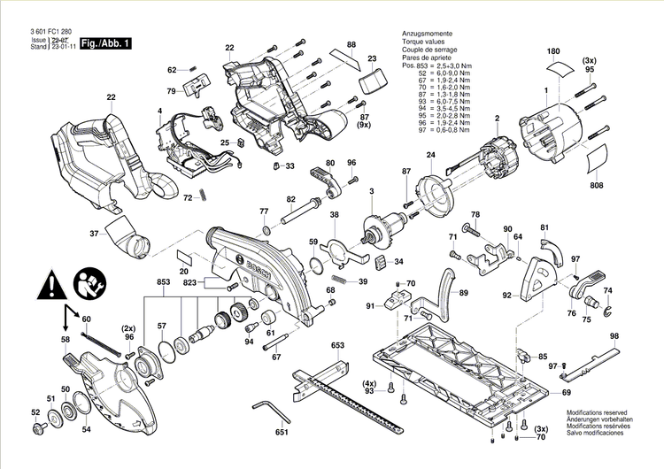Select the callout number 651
coord(281,433)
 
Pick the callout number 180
coord(554,52)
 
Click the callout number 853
coord(163,281)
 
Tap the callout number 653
coord(337,344)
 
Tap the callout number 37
coord(94,234)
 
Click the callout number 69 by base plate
coord(567,392)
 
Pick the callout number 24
coord(431,156)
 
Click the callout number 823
coord(190,284)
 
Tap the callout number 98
coord(614,336)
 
